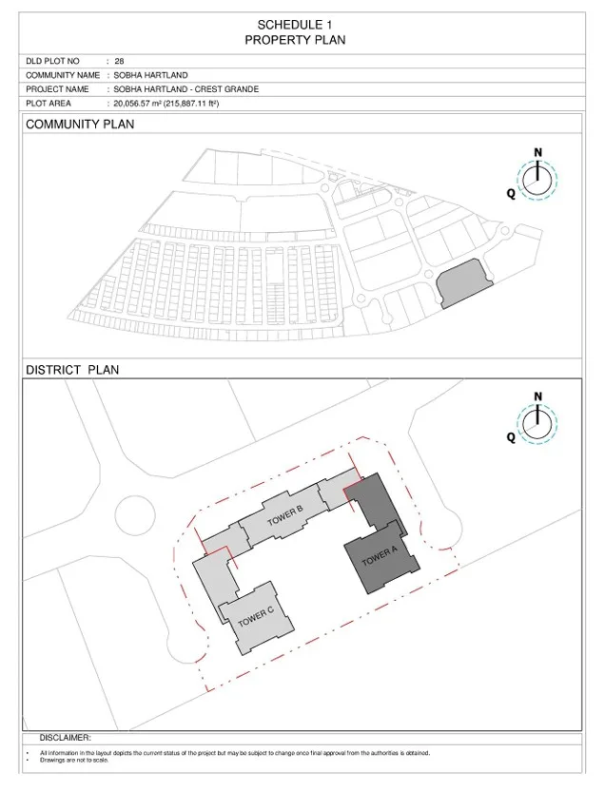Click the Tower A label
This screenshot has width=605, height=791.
coord(380,557)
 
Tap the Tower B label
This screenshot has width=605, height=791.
coord(285,515)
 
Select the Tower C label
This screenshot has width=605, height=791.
coord(255,616)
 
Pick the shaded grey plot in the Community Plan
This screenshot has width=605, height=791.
coord(463,282)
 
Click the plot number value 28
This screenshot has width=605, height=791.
coord(119,61)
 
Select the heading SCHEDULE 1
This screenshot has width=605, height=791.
coord(295,25)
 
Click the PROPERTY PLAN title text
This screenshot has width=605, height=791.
coord(295,40)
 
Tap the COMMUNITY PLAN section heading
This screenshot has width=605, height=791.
coord(80,125)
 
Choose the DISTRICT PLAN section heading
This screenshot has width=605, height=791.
coord(72,370)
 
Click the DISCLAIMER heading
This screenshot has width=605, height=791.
coord(65,738)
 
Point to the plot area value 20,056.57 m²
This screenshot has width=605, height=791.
coord(137,104)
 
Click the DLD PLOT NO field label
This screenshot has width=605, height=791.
coord(52,61)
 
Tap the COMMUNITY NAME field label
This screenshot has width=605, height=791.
coord(63,75)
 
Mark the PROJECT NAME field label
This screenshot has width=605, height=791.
coord(57,89)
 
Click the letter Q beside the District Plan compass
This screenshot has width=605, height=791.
coord(511,437)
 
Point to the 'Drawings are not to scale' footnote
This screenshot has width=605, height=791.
coord(74,760)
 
